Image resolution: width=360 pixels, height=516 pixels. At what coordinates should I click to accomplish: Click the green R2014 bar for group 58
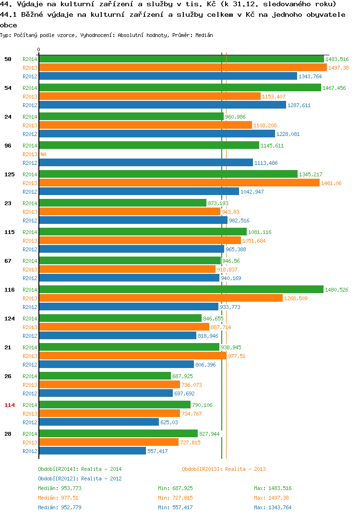tap(181, 59)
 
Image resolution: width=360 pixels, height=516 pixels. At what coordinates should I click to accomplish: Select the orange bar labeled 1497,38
tap(183, 67)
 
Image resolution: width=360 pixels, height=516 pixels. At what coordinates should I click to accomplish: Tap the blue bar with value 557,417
tap(92, 451)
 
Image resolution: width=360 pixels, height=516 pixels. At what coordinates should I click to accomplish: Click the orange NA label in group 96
tap(43, 154)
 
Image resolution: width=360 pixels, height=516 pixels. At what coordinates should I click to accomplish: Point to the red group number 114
tap(10, 405)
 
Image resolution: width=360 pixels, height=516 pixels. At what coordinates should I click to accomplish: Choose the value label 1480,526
tap(336, 290)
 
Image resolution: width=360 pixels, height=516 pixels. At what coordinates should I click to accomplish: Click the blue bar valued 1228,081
tap(157, 134)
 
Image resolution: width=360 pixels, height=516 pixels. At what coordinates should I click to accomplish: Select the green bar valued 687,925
tap(105, 376)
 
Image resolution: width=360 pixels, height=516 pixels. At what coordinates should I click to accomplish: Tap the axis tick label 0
tap(38, 49)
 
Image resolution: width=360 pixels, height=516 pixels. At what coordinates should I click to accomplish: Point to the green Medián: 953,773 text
tap(60, 488)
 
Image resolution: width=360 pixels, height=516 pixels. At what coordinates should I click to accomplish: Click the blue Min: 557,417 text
tap(175, 507)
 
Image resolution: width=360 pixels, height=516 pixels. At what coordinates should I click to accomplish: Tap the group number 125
tap(10, 174)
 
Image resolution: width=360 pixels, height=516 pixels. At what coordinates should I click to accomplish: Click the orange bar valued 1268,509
tap(161, 298)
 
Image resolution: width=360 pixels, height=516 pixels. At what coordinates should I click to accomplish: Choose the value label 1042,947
tap(252, 192)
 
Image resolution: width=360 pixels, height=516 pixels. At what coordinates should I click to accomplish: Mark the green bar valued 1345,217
tap(168, 174)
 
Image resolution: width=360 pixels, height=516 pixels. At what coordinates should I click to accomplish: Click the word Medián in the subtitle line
tap(204, 35)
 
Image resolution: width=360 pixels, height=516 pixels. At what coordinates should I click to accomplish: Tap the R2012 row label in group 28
tap(30, 451)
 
